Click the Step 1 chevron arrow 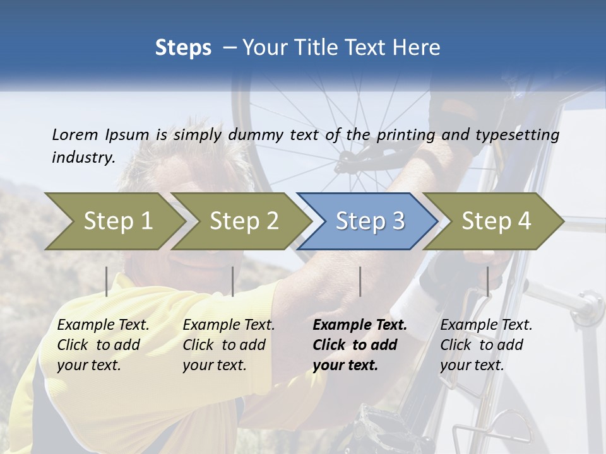[x=118, y=221]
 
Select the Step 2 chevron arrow [x=244, y=221]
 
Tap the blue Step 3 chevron [x=370, y=221]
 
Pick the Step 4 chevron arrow [x=496, y=221]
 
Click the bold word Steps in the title [x=183, y=48]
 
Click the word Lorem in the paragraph [x=75, y=134]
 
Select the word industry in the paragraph [x=83, y=157]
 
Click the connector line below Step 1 [x=107, y=281]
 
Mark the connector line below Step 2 [x=233, y=281]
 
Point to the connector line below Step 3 [x=360, y=281]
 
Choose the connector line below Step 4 [x=488, y=281]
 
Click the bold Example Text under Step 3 [x=360, y=325]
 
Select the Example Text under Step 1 [x=103, y=325]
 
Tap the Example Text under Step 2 [x=229, y=325]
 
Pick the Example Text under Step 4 [x=486, y=325]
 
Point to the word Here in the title [x=419, y=48]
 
